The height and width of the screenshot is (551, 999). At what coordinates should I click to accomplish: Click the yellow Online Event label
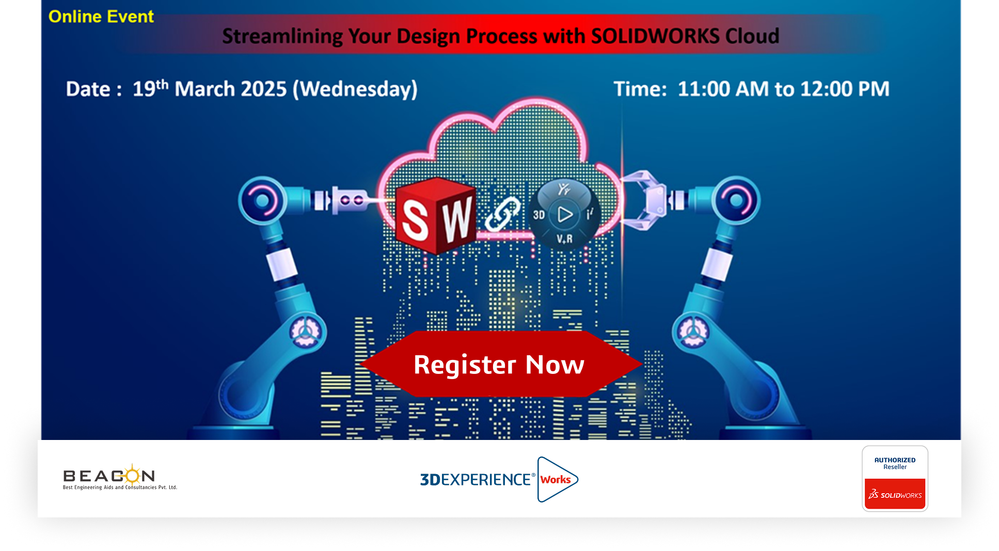point(101,17)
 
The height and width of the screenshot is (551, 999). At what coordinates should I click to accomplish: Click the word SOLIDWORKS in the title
point(655,36)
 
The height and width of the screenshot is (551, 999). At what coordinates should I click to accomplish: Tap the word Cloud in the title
point(752,36)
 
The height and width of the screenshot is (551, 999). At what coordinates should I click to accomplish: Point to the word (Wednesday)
point(355,89)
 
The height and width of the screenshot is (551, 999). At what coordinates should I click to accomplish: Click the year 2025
point(264,89)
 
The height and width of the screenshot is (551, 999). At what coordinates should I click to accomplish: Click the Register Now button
point(500,364)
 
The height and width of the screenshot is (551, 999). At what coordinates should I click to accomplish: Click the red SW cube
point(436,216)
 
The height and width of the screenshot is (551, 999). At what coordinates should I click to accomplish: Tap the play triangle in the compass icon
point(565,214)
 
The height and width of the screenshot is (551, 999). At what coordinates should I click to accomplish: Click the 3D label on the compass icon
point(539,215)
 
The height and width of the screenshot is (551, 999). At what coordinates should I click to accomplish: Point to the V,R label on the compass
point(564,239)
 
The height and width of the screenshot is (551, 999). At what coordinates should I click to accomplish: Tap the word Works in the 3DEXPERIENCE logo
point(556,480)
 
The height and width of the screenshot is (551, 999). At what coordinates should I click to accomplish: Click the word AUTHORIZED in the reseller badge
point(895,460)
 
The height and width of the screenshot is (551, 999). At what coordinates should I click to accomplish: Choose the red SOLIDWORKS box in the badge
point(895,494)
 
